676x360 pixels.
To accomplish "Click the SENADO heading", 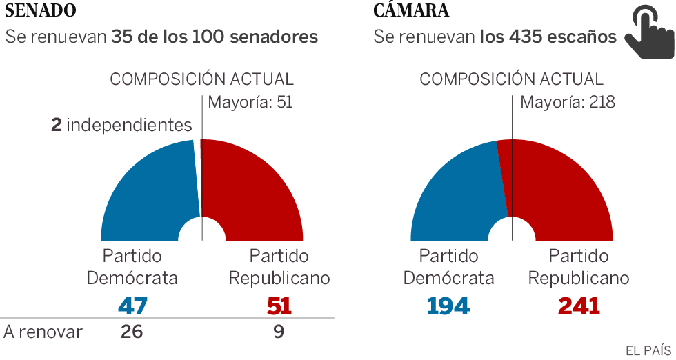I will pyautogui.click(x=41, y=11).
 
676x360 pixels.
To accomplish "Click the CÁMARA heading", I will pyautogui.click(x=411, y=11).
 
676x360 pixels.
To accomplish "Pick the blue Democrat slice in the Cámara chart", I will pyautogui.click(x=455, y=193).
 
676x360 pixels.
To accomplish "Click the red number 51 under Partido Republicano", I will pyautogui.click(x=279, y=306).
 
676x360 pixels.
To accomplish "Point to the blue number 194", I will pyautogui.click(x=448, y=306).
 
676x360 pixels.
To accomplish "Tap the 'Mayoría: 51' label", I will pyautogui.click(x=250, y=103).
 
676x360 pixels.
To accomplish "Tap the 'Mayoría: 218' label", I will pyautogui.click(x=567, y=103).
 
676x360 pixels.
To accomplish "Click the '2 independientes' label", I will pyautogui.click(x=121, y=125).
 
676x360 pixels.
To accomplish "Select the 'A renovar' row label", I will pyautogui.click(x=43, y=332).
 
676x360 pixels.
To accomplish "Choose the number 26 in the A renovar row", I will pyautogui.click(x=131, y=332).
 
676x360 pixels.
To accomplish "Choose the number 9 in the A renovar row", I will pyautogui.click(x=279, y=332).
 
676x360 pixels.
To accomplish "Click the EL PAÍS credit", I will pyautogui.click(x=648, y=350).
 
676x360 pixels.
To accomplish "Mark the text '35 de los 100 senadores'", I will pyautogui.click(x=215, y=37).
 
